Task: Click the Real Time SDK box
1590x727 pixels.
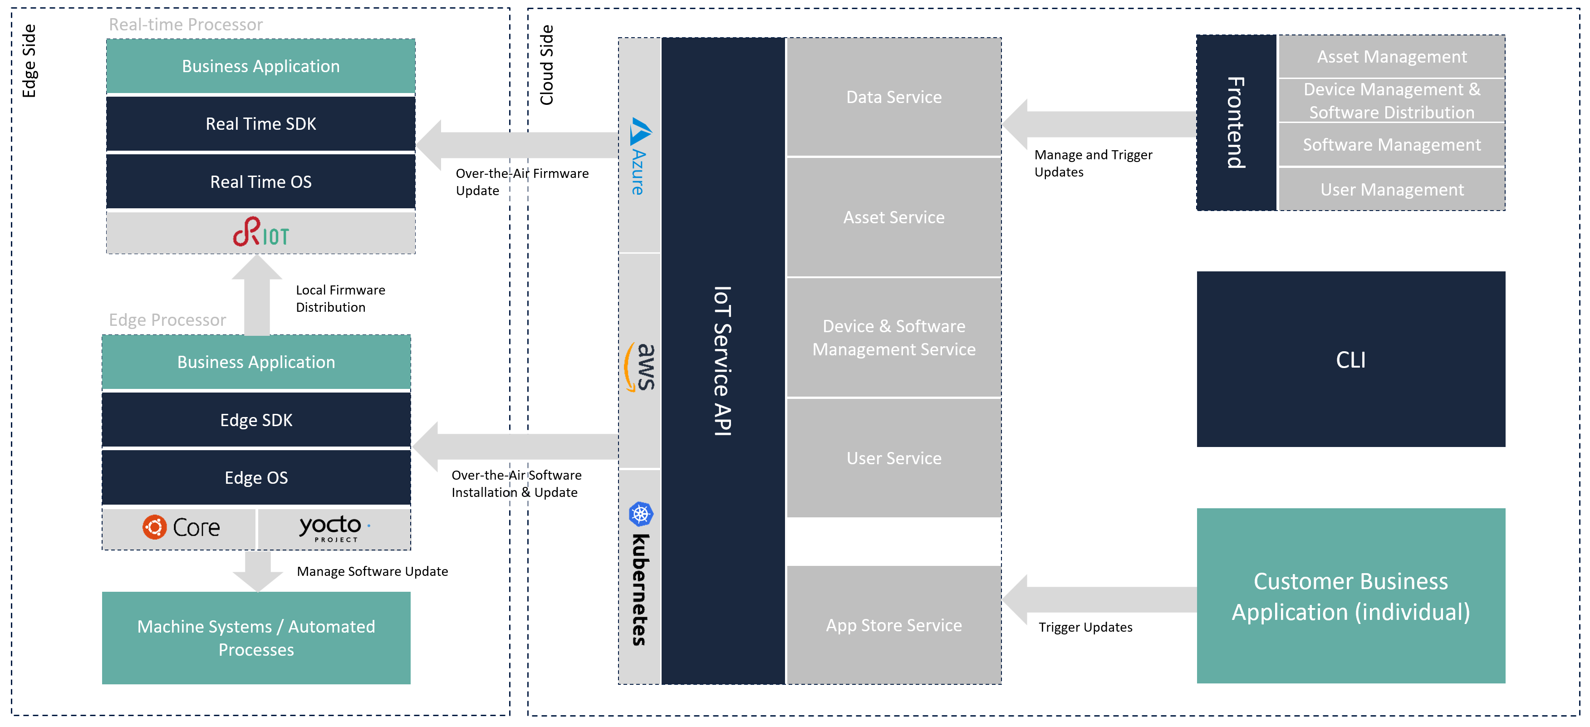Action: pyautogui.click(x=260, y=124)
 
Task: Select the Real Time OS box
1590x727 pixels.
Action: pyautogui.click(x=260, y=182)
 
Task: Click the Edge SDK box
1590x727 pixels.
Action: pyautogui.click(x=256, y=420)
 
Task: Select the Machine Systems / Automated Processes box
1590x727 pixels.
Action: pyautogui.click(x=256, y=638)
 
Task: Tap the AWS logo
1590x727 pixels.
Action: pyautogui.click(x=640, y=367)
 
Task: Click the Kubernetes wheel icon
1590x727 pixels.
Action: pyautogui.click(x=641, y=513)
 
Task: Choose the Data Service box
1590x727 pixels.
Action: pyautogui.click(x=894, y=98)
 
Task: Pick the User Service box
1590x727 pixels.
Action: pyautogui.click(x=894, y=458)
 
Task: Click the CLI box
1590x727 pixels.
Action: pyautogui.click(x=1350, y=359)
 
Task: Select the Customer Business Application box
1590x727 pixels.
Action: pyautogui.click(x=1350, y=596)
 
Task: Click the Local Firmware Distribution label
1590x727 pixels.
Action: pyautogui.click(x=340, y=299)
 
